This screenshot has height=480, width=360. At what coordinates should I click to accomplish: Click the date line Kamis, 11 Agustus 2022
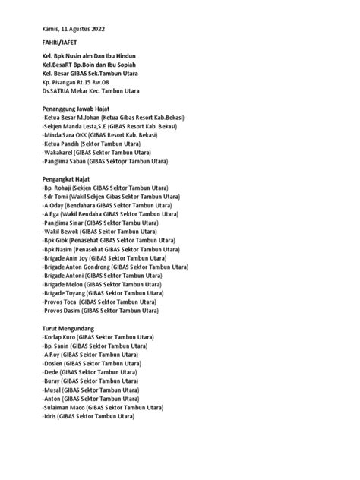[74, 28]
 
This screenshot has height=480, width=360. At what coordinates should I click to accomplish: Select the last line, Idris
[87, 416]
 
